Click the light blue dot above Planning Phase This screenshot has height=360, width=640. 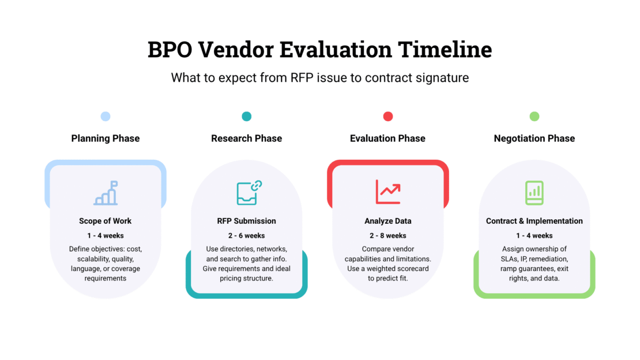tap(106, 117)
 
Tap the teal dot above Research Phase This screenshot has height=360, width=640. tap(247, 117)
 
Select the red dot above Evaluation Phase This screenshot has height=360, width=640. tap(388, 117)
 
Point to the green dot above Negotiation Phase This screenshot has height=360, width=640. tap(534, 117)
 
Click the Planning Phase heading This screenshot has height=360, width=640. tap(106, 138)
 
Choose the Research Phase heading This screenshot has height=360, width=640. tap(247, 138)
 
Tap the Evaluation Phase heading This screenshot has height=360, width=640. tap(388, 138)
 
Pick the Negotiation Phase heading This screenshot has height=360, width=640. tap(534, 138)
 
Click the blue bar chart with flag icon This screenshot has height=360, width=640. tap(106, 193)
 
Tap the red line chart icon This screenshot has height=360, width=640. tap(388, 192)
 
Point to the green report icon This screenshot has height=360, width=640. tap(534, 193)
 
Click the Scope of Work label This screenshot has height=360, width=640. tap(106, 221)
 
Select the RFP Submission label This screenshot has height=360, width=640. tap(247, 221)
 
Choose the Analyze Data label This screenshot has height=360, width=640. tap(388, 221)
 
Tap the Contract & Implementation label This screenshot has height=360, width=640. tap(534, 221)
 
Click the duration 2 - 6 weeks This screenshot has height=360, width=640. tap(247, 236)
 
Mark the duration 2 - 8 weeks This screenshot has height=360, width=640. tap(388, 236)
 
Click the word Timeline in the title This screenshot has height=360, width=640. tap(445, 50)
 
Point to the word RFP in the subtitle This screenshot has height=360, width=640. tap(301, 78)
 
